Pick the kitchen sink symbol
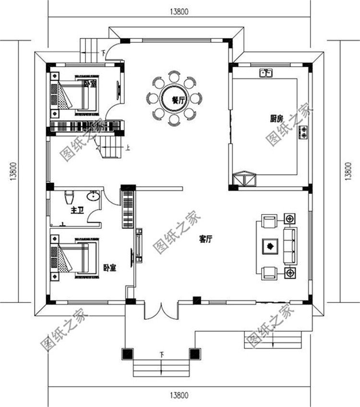coord(266,73)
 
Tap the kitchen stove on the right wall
coord(303,132)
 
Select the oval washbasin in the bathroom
coord(93,195)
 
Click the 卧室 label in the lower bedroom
coord(109,267)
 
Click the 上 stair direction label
coord(128,148)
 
